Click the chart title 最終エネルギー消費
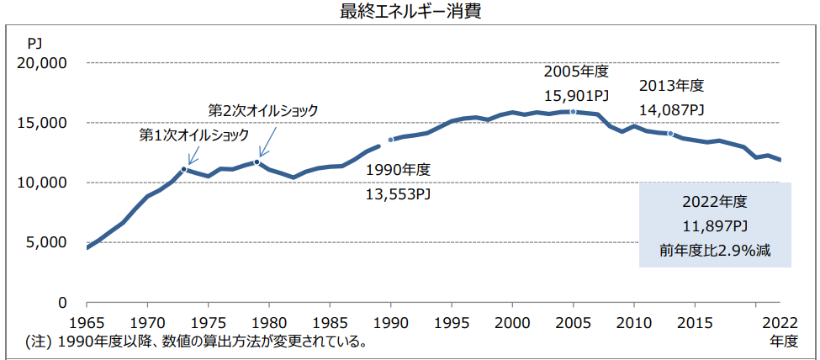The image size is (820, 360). tap(410, 13)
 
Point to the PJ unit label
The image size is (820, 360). tap(34, 42)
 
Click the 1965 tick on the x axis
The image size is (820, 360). tap(87, 322)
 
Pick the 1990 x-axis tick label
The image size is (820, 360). tap(391, 322)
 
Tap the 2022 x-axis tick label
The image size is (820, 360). tap(780, 322)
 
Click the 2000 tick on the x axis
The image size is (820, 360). tap(512, 322)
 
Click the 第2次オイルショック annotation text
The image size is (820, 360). tap(264, 111)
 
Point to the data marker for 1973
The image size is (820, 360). tap(184, 169)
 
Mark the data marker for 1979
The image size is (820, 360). tap(257, 161)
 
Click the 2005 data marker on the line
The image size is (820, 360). tap(573, 112)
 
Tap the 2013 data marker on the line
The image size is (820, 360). tap(670, 134)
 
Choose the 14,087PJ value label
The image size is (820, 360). tap(671, 109)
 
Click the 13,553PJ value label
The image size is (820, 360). tap(399, 193)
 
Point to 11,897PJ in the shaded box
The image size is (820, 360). tap(714, 226)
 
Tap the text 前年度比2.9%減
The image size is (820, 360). tap(714, 250)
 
